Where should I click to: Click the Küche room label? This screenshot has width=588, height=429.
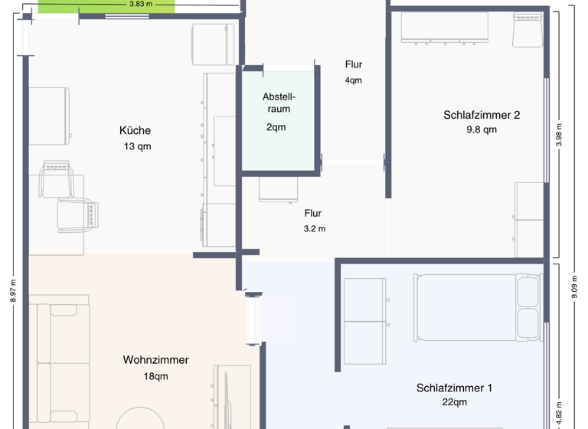point(135,130)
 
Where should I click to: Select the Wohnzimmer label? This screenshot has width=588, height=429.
point(155,360)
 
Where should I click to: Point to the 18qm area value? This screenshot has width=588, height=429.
point(155,376)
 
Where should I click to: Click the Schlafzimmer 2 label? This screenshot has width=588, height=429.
point(482,115)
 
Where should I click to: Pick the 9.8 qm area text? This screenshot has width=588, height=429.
point(482,129)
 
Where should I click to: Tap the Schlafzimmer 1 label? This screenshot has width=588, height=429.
point(454,388)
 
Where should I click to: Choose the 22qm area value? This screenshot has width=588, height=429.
point(454,402)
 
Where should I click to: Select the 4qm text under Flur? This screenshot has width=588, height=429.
point(353,80)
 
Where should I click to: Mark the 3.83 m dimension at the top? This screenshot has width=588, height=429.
point(140,4)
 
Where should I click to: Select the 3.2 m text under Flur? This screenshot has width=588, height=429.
point(313,228)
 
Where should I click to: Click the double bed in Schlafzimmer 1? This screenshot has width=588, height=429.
point(476,307)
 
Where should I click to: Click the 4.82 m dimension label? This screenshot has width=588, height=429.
point(559,411)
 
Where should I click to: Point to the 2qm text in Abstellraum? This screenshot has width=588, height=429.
point(276,127)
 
